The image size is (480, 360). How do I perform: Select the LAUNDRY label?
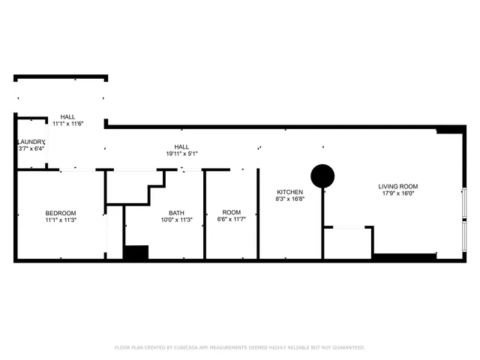click(31, 142)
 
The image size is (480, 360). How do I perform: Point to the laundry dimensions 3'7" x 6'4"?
click(31, 148)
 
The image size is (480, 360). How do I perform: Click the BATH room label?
click(176, 213)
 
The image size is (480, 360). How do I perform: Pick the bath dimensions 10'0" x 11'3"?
click(176, 220)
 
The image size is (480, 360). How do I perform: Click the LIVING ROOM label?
click(398, 186)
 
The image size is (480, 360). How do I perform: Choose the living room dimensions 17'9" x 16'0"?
click(398, 193)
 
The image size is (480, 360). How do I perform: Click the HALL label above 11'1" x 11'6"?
click(67, 116)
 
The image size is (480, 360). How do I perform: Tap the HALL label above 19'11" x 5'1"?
click(181, 146)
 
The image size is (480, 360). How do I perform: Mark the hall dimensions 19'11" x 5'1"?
click(181, 154)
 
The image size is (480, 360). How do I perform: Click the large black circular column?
click(322, 176)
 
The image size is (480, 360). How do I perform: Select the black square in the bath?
click(136, 253)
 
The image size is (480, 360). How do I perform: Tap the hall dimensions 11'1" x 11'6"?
click(67, 124)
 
